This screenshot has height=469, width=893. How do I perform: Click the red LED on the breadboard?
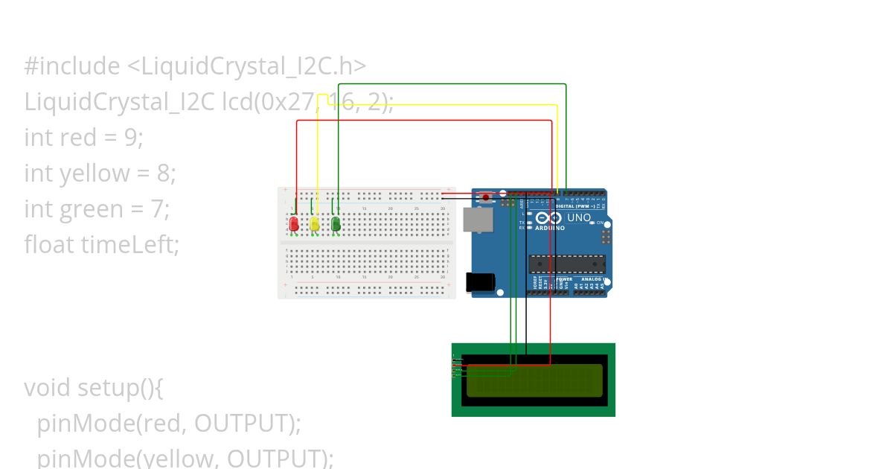(x=294, y=223)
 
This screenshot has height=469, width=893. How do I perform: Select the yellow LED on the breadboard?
(x=315, y=223)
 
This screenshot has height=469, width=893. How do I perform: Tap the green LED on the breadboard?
(x=336, y=223)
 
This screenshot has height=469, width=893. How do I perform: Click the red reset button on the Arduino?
(x=487, y=198)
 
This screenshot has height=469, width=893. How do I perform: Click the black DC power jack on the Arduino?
(x=479, y=282)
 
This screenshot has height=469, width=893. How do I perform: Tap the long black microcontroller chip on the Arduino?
(x=567, y=264)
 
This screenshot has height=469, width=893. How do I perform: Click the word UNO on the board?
(x=579, y=218)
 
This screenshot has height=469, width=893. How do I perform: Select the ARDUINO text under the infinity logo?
(x=550, y=229)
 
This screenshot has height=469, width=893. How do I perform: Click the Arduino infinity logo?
(x=550, y=218)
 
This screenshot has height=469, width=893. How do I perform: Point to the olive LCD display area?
(x=534, y=380)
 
